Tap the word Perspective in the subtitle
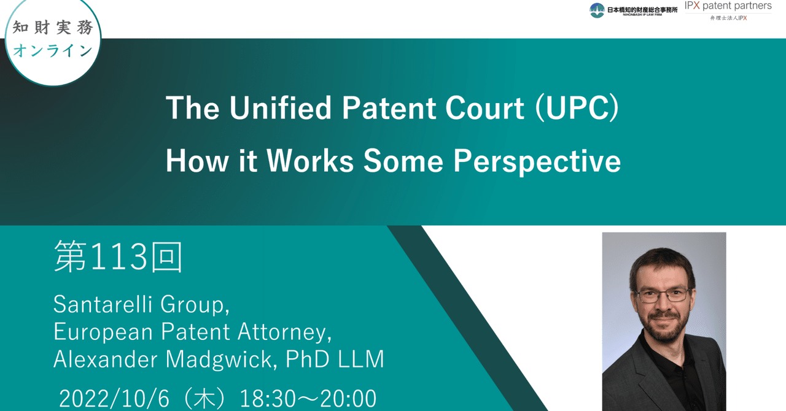(x=537, y=161)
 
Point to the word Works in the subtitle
(x=310, y=161)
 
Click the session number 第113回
(x=118, y=256)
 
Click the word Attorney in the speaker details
(x=281, y=332)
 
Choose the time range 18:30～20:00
(x=307, y=399)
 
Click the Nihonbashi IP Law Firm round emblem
(x=597, y=10)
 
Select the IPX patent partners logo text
(x=728, y=6)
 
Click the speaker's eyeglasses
(x=663, y=295)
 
